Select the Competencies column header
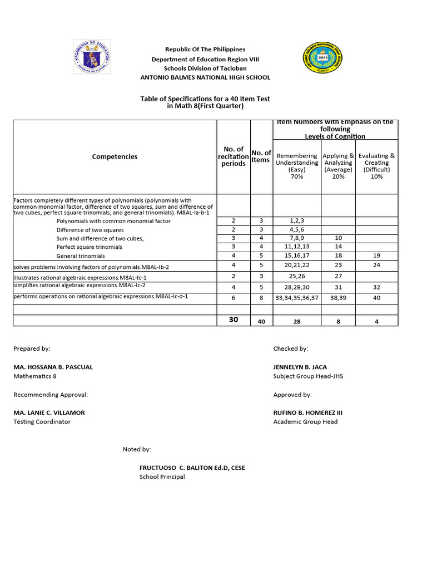pos(115,157)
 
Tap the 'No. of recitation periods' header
pos(234,156)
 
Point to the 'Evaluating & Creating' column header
pos(376,166)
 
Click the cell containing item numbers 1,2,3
pos(296,220)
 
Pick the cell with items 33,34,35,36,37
pos(296,297)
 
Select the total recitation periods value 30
pos(234,320)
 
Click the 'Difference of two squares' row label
pos(90,230)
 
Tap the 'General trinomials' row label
pos(81,256)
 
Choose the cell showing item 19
pos(376,255)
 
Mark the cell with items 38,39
pos(338,297)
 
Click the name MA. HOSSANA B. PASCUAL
pos(53,367)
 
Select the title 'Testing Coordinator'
pos(42,422)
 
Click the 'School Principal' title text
pos(162,477)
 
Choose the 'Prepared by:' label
pos(32,348)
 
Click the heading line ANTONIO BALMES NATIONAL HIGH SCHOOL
pos(205,77)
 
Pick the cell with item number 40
pos(376,297)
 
